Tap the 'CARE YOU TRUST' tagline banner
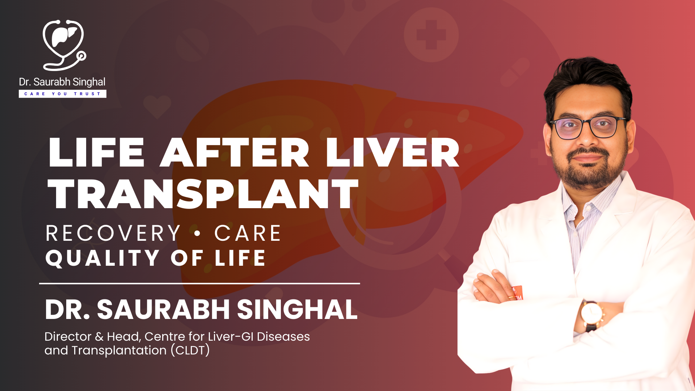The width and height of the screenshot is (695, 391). point(63,94)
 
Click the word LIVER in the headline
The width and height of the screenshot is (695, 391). point(392,152)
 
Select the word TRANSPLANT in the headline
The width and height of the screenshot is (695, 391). point(203,194)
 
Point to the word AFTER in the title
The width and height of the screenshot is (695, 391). point(235,152)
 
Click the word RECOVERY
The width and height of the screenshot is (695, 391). point(113,233)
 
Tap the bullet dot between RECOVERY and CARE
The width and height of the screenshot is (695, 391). point(197,234)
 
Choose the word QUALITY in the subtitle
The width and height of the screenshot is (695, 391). point(102,258)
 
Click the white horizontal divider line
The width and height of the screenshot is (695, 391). point(199,283)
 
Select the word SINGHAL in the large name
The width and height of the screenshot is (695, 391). point(297,310)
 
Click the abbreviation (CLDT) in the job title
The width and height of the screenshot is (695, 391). point(190,350)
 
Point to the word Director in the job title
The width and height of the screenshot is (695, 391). point(68,337)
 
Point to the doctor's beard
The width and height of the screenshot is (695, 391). point(588,170)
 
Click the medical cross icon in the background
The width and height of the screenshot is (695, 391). point(431,35)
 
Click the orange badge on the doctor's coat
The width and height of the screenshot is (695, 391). point(518,293)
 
